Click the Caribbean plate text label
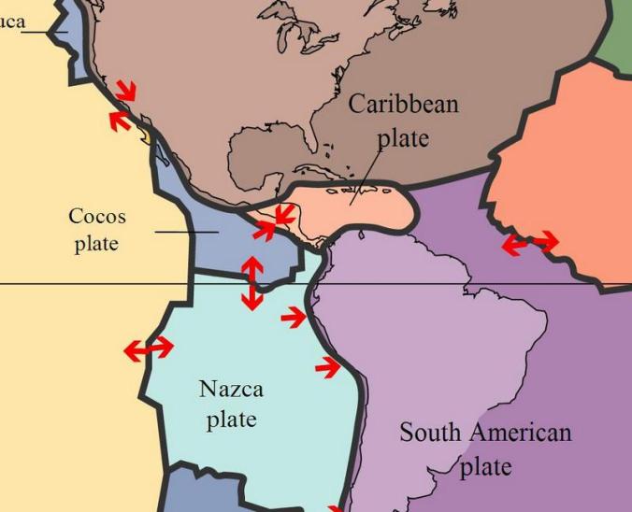coord(403,121)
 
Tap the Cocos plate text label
coord(97,230)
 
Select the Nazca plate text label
coord(231,404)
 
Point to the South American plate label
coord(485,448)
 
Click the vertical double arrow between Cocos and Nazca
coord(251,283)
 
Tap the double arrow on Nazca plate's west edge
coord(149,349)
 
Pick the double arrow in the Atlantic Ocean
coord(529,244)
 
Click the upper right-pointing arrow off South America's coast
coord(294,318)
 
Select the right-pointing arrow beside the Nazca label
coord(327,368)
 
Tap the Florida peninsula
coord(317,154)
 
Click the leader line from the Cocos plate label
coord(186,232)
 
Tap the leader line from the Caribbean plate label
coord(365,178)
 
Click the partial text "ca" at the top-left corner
coord(13,21)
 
